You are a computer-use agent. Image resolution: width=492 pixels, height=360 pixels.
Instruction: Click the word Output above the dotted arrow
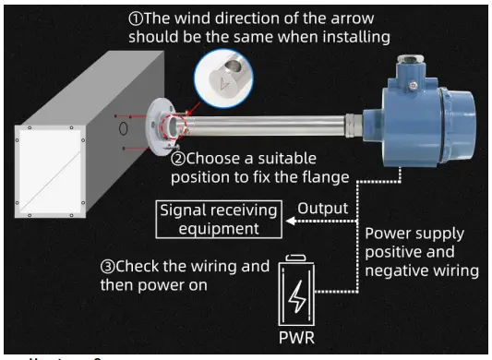click(322, 209)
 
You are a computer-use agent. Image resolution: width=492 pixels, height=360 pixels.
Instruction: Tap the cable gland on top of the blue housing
click(408, 66)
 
